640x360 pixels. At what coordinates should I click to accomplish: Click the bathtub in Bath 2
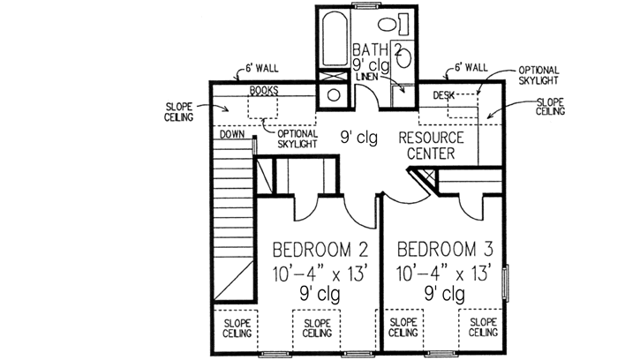(335, 34)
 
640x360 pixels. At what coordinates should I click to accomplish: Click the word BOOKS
(263, 91)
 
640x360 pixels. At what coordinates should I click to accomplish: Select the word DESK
(443, 94)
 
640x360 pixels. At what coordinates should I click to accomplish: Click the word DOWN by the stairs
(231, 136)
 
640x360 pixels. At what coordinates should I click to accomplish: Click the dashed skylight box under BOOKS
(263, 108)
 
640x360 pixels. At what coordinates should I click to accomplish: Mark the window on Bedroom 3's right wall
(505, 283)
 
